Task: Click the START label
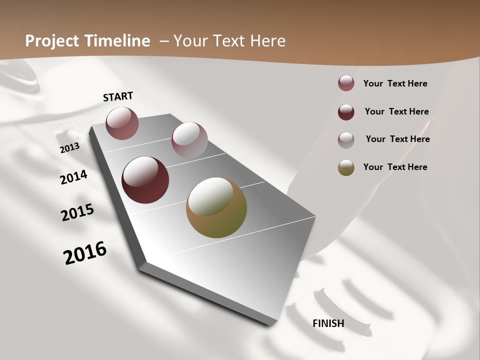click(118, 96)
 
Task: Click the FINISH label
click(328, 323)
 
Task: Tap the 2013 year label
click(70, 148)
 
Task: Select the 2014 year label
click(74, 177)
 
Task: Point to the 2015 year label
click(77, 212)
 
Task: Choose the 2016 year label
click(85, 252)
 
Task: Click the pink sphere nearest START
click(122, 123)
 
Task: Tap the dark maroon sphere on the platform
click(145, 180)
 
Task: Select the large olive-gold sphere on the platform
click(216, 207)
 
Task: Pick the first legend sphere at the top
click(346, 83)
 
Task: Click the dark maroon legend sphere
click(346, 112)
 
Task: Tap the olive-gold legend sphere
click(346, 167)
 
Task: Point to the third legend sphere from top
click(346, 139)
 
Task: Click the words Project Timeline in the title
click(87, 41)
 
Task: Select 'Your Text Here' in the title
click(229, 41)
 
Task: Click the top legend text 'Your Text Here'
click(395, 83)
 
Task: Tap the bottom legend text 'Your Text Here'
click(395, 167)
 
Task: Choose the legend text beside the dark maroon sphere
click(396, 111)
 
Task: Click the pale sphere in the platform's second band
click(189, 139)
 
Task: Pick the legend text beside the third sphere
click(397, 139)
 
